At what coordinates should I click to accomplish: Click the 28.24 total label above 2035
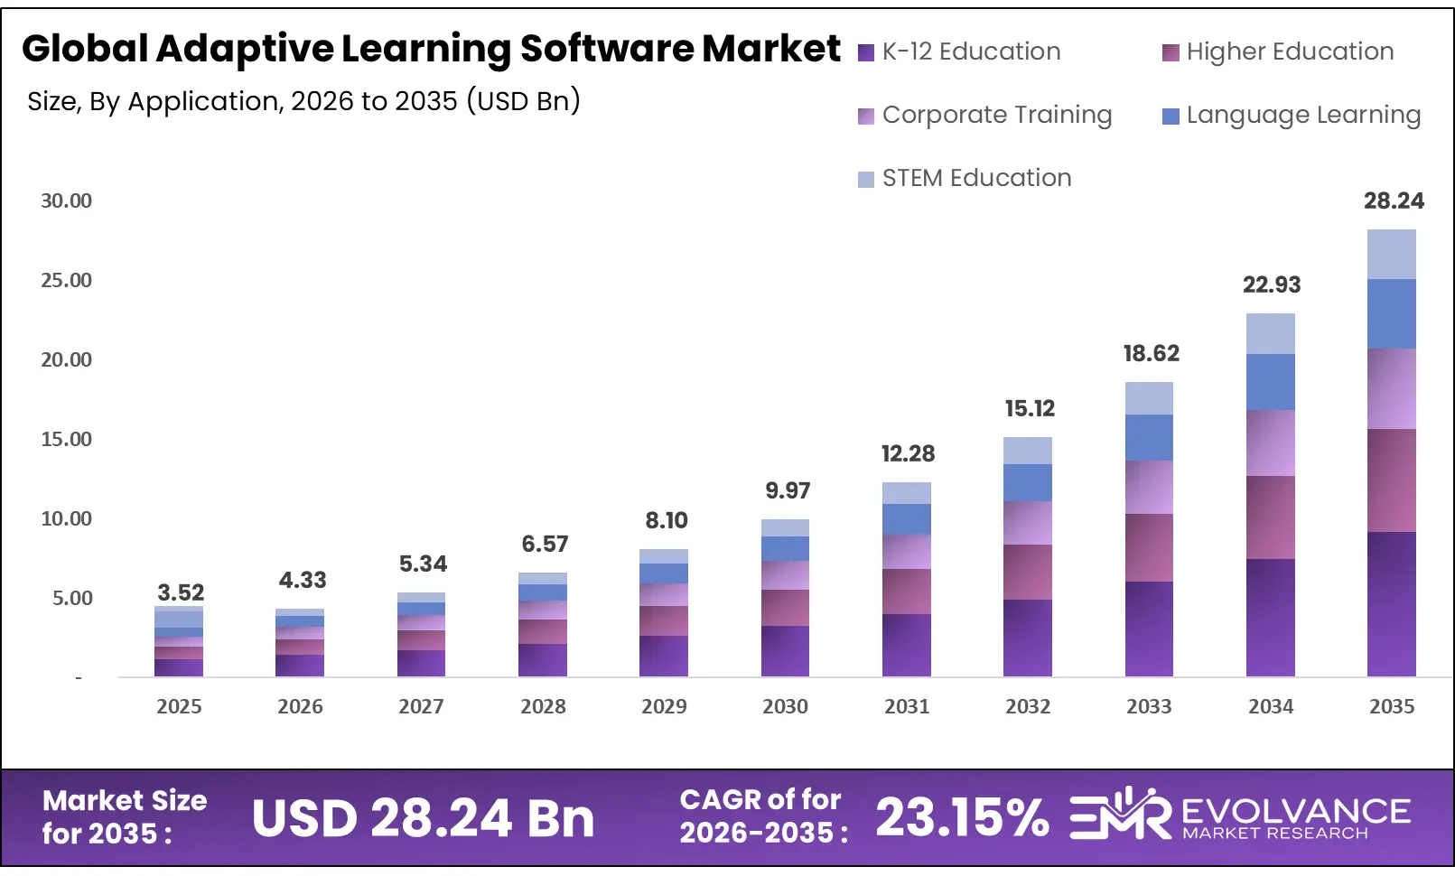pos(1393,200)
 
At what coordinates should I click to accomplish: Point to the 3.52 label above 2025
pos(181,592)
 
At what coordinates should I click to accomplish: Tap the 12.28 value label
pos(908,453)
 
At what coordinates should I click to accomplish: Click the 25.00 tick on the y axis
pos(66,280)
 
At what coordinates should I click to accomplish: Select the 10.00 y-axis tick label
pos(66,518)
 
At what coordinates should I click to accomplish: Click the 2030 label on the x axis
pos(785,706)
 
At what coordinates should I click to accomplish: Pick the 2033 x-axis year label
pos(1149,706)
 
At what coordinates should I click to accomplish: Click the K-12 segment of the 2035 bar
pos(1391,603)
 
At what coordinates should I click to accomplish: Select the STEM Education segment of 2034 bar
pos(1270,333)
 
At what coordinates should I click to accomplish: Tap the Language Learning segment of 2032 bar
pos(1027,482)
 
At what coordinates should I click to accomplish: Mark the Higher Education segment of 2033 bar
pos(1149,547)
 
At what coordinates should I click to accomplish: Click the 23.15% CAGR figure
pos(962,817)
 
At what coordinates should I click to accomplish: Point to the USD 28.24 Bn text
pos(423,818)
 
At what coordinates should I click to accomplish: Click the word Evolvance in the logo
pos(1295,810)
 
